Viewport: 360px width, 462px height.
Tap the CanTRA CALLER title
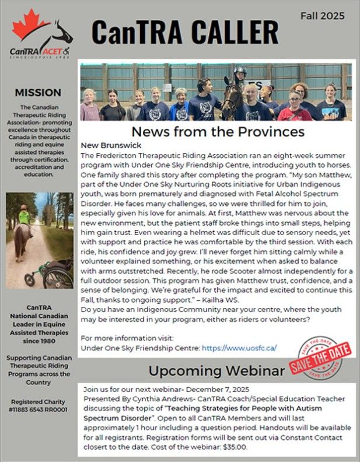184,34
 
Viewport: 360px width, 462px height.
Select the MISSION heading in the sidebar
38,92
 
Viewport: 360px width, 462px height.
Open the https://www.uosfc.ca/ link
239,348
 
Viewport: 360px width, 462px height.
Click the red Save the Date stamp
320,357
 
